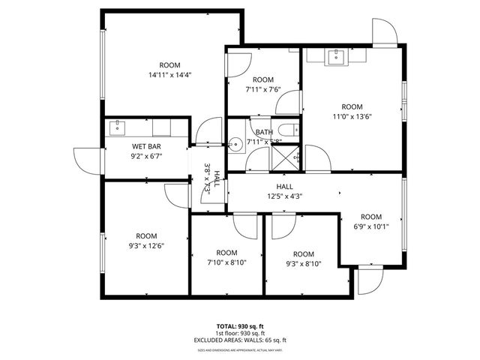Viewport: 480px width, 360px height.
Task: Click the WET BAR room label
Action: pyautogui.click(x=147, y=146)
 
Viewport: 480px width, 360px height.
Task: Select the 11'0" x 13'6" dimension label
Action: pyautogui.click(x=352, y=116)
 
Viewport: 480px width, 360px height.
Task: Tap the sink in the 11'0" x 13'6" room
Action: pyautogui.click(x=337, y=55)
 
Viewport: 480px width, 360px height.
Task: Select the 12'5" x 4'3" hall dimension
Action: pyautogui.click(x=284, y=196)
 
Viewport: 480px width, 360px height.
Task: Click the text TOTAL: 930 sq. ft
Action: pyautogui.click(x=240, y=326)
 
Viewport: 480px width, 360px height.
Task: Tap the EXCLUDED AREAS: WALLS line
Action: pyautogui.click(x=240, y=340)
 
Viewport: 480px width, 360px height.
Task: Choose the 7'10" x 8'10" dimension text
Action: pyautogui.click(x=226, y=262)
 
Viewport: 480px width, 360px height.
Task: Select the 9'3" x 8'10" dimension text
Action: pyautogui.click(x=304, y=264)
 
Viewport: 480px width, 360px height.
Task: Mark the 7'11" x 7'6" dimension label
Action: pyautogui.click(x=262, y=89)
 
